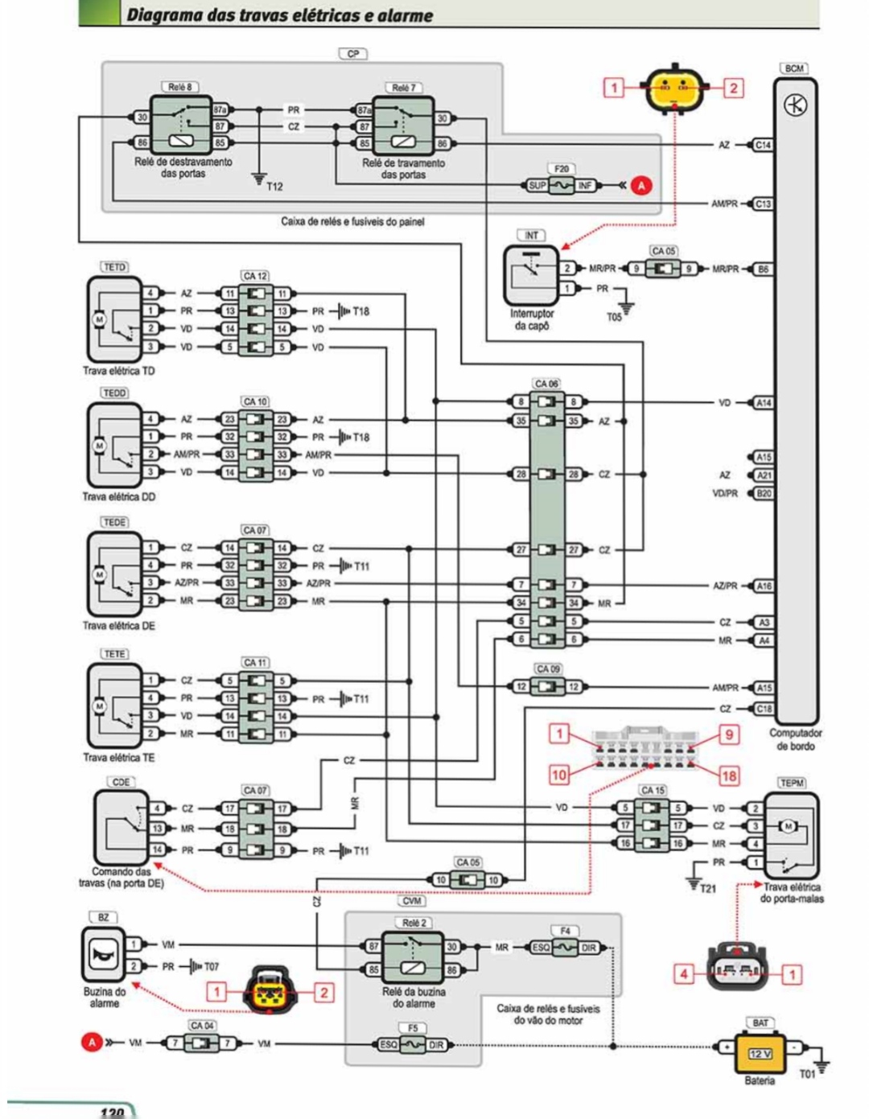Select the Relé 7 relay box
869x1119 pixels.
coord(402,127)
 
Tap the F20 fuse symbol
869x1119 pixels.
coord(561,186)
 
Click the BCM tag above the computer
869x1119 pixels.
coord(794,68)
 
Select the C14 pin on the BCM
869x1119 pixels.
coord(763,145)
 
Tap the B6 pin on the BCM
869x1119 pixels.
coord(763,269)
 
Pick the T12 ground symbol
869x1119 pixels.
coord(259,179)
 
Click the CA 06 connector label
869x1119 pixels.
coord(547,384)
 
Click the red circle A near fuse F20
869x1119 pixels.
coord(641,186)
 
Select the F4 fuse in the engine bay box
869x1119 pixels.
coord(565,947)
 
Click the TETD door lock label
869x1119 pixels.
coord(115,266)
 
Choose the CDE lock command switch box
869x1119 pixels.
coord(121,826)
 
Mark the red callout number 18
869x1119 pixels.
coord(729,775)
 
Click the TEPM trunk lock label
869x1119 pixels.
coord(792,782)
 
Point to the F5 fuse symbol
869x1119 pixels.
coord(413,1044)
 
